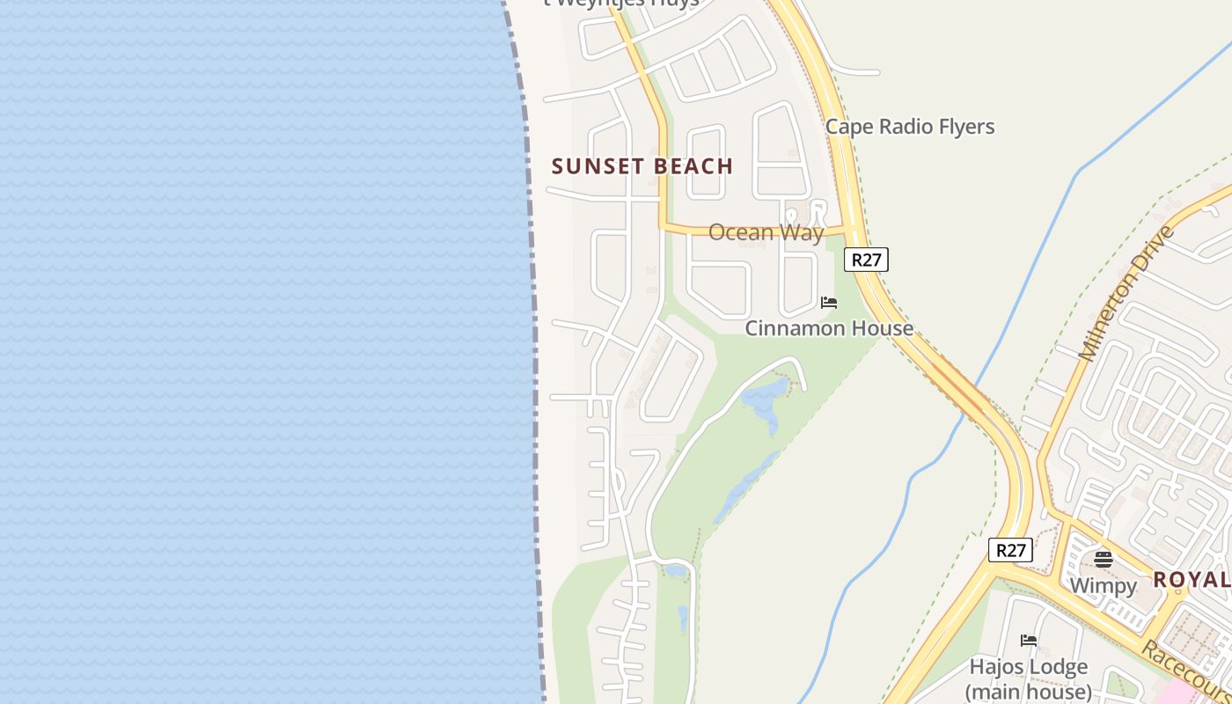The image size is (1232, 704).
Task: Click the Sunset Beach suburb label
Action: click(x=642, y=166)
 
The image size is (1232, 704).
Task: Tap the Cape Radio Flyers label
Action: click(x=909, y=127)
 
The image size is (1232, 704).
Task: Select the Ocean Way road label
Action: click(x=766, y=232)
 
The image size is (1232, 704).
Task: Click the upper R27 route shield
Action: click(x=866, y=260)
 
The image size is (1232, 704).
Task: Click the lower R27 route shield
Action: click(x=1009, y=551)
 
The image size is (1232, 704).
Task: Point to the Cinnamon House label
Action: click(x=828, y=328)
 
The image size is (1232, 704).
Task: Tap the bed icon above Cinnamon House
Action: click(x=828, y=304)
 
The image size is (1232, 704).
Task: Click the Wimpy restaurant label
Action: click(x=1103, y=585)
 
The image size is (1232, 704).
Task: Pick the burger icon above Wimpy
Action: click(x=1103, y=559)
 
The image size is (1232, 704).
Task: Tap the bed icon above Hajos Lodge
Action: click(x=1028, y=641)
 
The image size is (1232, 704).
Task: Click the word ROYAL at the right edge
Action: click(x=1192, y=580)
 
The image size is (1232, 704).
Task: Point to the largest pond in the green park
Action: click(x=764, y=399)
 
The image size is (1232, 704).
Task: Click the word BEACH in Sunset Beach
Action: click(x=692, y=166)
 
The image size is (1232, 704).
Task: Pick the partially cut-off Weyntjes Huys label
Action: click(x=621, y=3)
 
